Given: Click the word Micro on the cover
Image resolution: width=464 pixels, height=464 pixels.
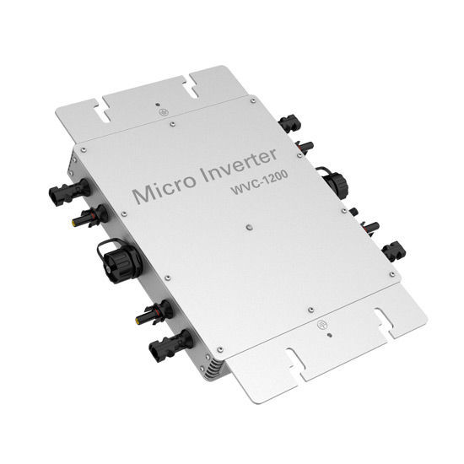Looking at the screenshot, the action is click(x=165, y=188).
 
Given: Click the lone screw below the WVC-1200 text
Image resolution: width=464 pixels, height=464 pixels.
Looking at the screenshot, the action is click(x=249, y=227).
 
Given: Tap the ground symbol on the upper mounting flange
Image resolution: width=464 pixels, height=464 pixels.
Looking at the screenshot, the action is click(x=164, y=112).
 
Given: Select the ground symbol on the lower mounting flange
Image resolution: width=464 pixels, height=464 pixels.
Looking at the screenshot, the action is click(x=321, y=325).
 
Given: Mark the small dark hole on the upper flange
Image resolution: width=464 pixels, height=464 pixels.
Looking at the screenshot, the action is click(x=158, y=104).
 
